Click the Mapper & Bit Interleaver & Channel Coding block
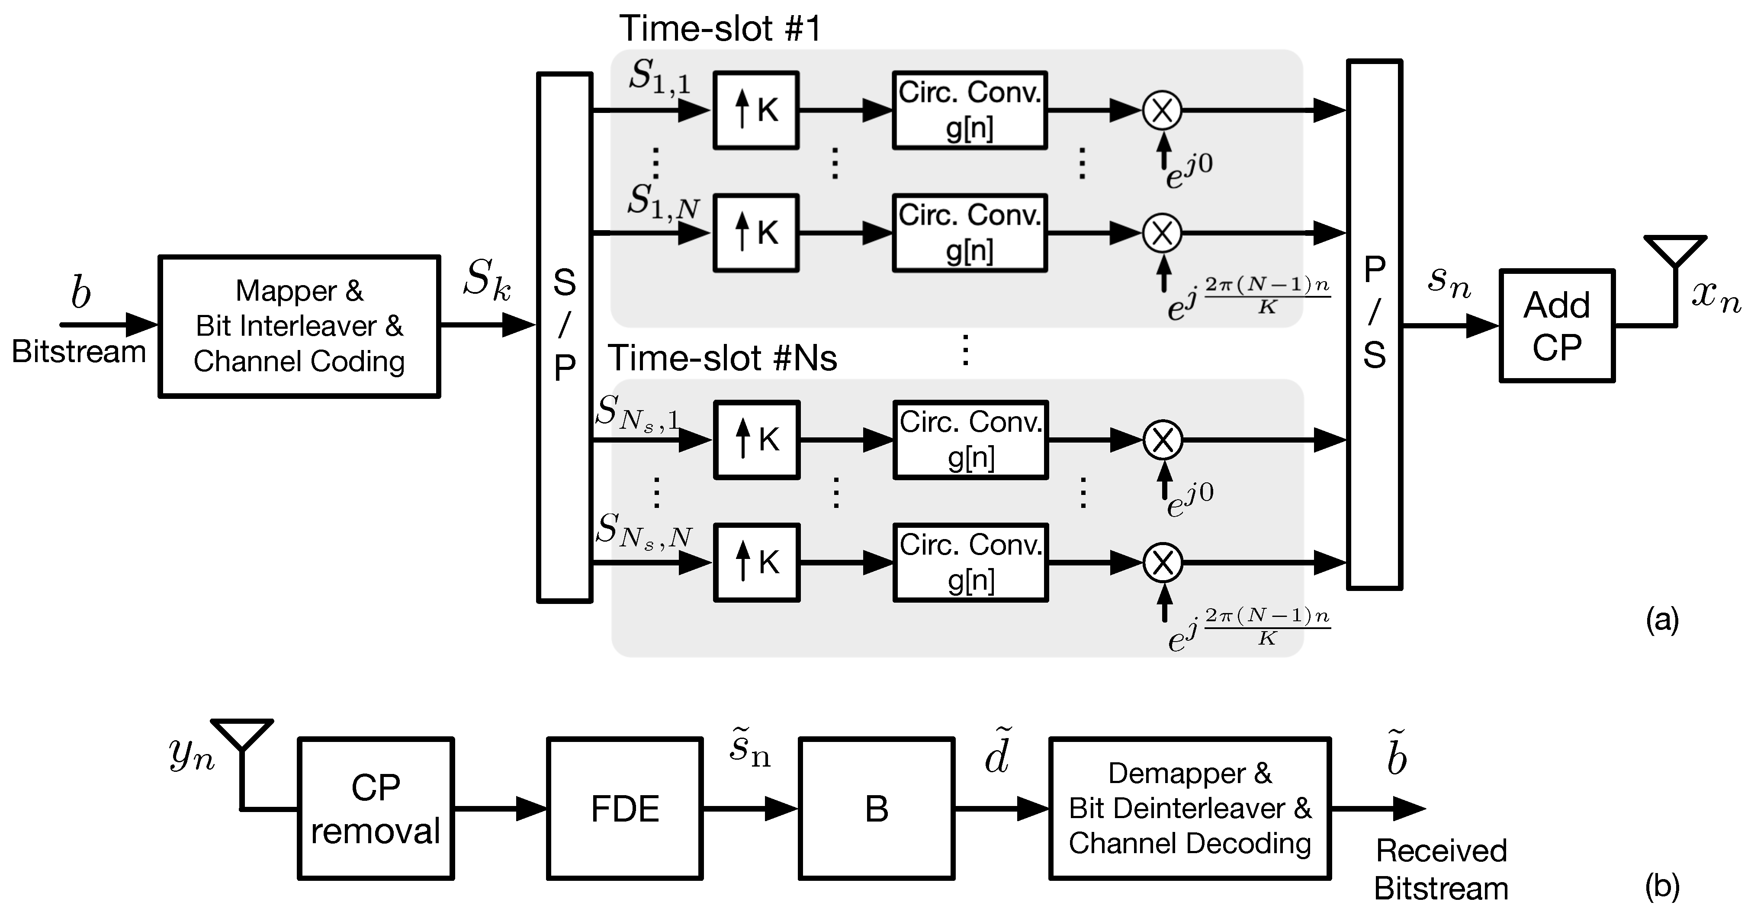tap(299, 326)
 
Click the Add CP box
tap(1557, 326)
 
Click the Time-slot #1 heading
tap(720, 29)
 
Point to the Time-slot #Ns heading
tap(722, 358)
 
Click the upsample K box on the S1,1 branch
tap(756, 110)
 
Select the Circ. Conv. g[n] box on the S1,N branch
tap(969, 233)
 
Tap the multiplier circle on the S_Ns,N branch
tap(1163, 563)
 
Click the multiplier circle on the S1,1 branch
tap(1162, 110)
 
